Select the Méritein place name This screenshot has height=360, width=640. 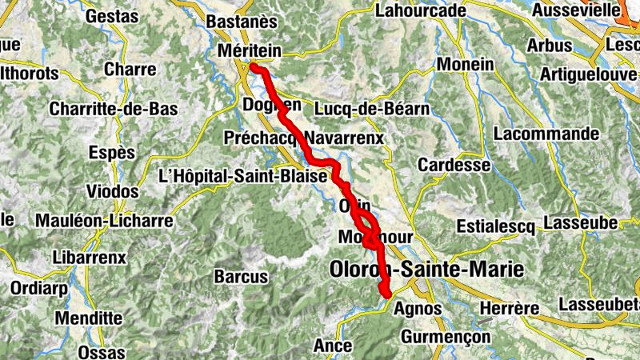(250, 51)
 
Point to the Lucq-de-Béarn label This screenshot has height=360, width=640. (373, 108)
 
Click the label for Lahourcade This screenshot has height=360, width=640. (419, 10)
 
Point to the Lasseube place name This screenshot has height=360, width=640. (579, 221)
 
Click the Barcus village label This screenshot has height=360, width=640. (241, 277)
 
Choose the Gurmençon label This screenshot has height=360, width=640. (446, 337)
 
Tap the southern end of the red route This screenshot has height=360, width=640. (387, 294)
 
